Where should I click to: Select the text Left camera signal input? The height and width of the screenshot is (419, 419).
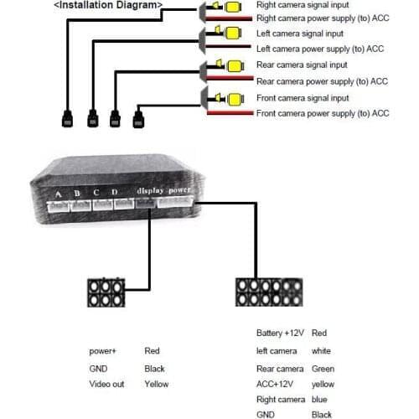(301, 33)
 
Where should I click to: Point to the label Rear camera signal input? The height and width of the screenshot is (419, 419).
(302, 65)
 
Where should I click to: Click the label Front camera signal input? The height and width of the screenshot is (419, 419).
(303, 97)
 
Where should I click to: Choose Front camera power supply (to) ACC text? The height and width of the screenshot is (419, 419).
(323, 113)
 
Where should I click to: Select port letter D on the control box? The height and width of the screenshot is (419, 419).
(114, 194)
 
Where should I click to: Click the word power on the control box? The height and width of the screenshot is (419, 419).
(180, 190)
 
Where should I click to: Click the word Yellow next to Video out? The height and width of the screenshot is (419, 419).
(156, 384)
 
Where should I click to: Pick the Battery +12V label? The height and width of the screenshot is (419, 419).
(281, 334)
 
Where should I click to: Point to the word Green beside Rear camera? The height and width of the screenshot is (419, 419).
(323, 369)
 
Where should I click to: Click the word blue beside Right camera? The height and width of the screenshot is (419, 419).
(320, 399)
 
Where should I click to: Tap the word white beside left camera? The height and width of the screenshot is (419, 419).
(322, 350)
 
